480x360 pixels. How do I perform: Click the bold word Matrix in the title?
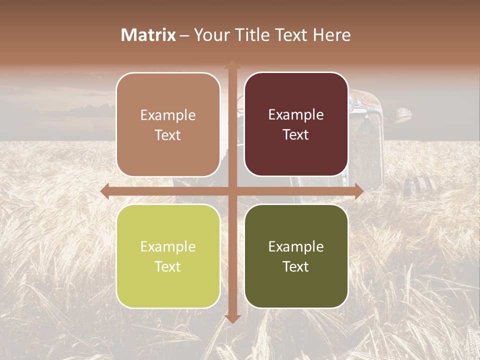(148, 35)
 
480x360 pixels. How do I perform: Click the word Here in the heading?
(332, 35)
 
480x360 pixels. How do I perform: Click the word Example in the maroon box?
(296, 114)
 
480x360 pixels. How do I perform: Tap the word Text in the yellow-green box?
(168, 266)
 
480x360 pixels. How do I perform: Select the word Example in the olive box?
(296, 246)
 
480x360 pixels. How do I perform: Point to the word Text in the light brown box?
(168, 135)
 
